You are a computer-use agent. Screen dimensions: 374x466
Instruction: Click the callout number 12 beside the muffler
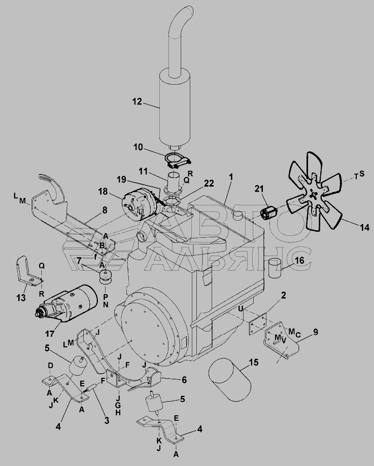[137, 101]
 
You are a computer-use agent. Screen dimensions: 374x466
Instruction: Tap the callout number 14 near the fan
[364, 227]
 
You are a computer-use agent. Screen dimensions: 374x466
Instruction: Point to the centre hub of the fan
[313, 195]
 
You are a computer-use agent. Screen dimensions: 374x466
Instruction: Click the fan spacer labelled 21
[269, 213]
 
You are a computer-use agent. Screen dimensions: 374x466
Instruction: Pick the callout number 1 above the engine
[231, 177]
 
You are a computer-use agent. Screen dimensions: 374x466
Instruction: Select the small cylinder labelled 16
[275, 268]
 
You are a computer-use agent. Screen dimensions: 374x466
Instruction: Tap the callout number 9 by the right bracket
[315, 332]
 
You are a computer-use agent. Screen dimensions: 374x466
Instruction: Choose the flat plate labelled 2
[258, 325]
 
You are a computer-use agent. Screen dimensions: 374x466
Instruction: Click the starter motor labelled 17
[67, 303]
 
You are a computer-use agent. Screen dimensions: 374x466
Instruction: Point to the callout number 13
[21, 298]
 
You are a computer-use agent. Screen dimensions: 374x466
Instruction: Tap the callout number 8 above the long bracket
[105, 210]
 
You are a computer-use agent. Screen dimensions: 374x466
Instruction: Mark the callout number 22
[209, 184]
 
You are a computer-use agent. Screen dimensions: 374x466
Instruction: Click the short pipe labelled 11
[175, 182]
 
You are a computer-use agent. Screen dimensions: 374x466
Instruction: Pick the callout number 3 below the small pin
[107, 420]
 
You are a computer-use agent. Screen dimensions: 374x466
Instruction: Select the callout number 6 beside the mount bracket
[184, 379]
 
